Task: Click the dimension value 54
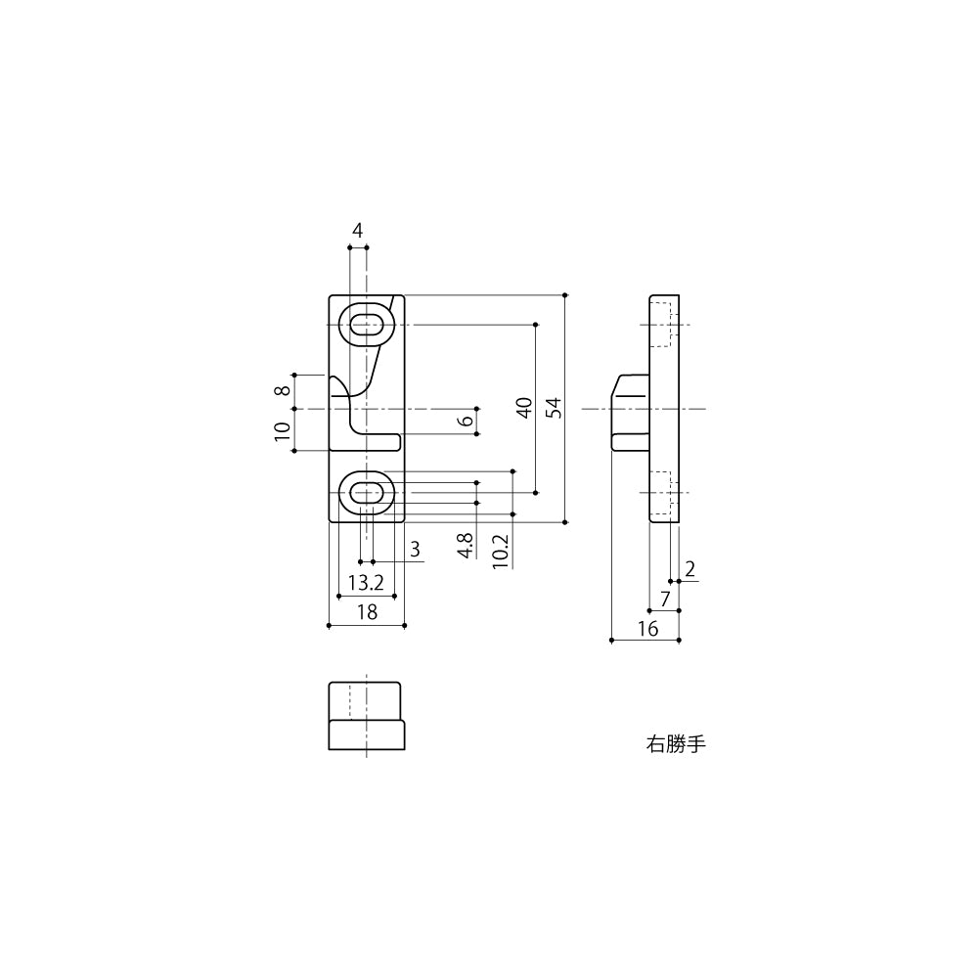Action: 553,408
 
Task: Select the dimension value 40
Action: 524,408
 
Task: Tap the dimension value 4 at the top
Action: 358,231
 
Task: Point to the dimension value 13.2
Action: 365,584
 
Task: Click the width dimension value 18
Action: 367,613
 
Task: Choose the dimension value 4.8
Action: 467,546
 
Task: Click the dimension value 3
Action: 415,550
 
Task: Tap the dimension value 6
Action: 467,421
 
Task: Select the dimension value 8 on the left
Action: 283,391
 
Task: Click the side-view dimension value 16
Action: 647,629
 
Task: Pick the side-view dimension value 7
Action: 665,599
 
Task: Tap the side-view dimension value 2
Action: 690,569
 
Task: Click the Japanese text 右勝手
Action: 675,744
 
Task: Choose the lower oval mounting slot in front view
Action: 367,492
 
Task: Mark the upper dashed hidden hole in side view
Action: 662,325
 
